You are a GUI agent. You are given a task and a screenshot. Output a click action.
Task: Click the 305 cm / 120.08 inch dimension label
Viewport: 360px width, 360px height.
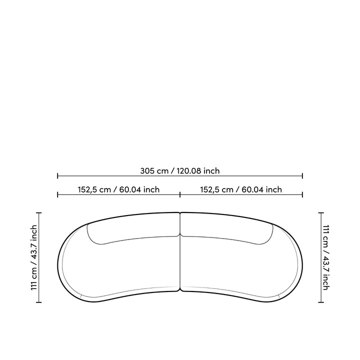coord(180,171)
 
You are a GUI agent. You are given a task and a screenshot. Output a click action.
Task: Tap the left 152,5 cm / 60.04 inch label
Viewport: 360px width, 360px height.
coord(118,189)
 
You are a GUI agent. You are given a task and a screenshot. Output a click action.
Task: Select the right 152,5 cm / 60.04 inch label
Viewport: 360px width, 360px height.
coord(241,189)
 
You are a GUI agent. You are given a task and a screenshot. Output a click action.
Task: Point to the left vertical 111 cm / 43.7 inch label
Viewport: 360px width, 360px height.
coord(34,257)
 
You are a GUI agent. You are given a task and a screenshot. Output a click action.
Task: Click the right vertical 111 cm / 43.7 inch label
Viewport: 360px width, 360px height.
coord(326,257)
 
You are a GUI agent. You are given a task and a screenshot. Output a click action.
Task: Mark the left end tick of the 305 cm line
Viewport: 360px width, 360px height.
coord(57,176)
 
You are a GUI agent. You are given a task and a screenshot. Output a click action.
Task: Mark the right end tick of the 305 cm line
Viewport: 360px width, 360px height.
coord(302,176)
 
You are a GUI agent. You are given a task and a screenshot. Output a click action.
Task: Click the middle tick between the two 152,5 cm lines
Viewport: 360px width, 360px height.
coord(180,195)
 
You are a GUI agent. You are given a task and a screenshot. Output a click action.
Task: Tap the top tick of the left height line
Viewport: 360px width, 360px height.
coord(39,213)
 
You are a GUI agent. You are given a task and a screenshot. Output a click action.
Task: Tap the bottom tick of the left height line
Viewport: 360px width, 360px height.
coord(39,302)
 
